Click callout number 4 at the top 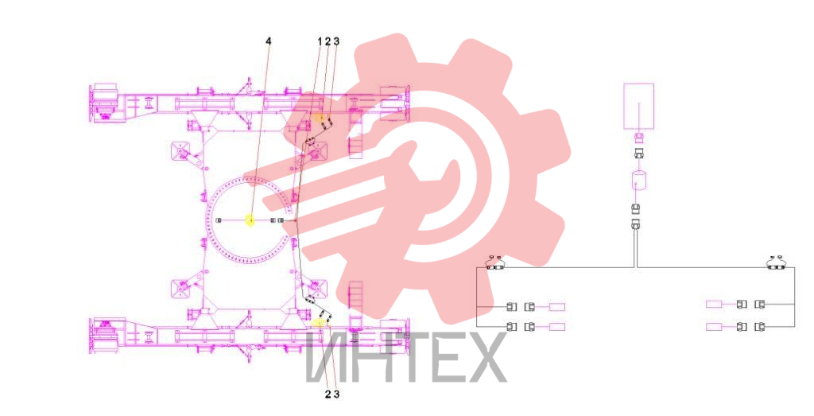click(x=269, y=41)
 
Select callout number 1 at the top click(x=320, y=41)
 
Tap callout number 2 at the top click(x=328, y=41)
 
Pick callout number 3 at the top click(x=336, y=41)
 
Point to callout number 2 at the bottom click(x=328, y=395)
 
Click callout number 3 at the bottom click(x=336, y=395)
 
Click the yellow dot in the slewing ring click(x=250, y=221)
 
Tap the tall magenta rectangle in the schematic click(x=638, y=107)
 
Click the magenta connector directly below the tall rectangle click(x=639, y=138)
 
